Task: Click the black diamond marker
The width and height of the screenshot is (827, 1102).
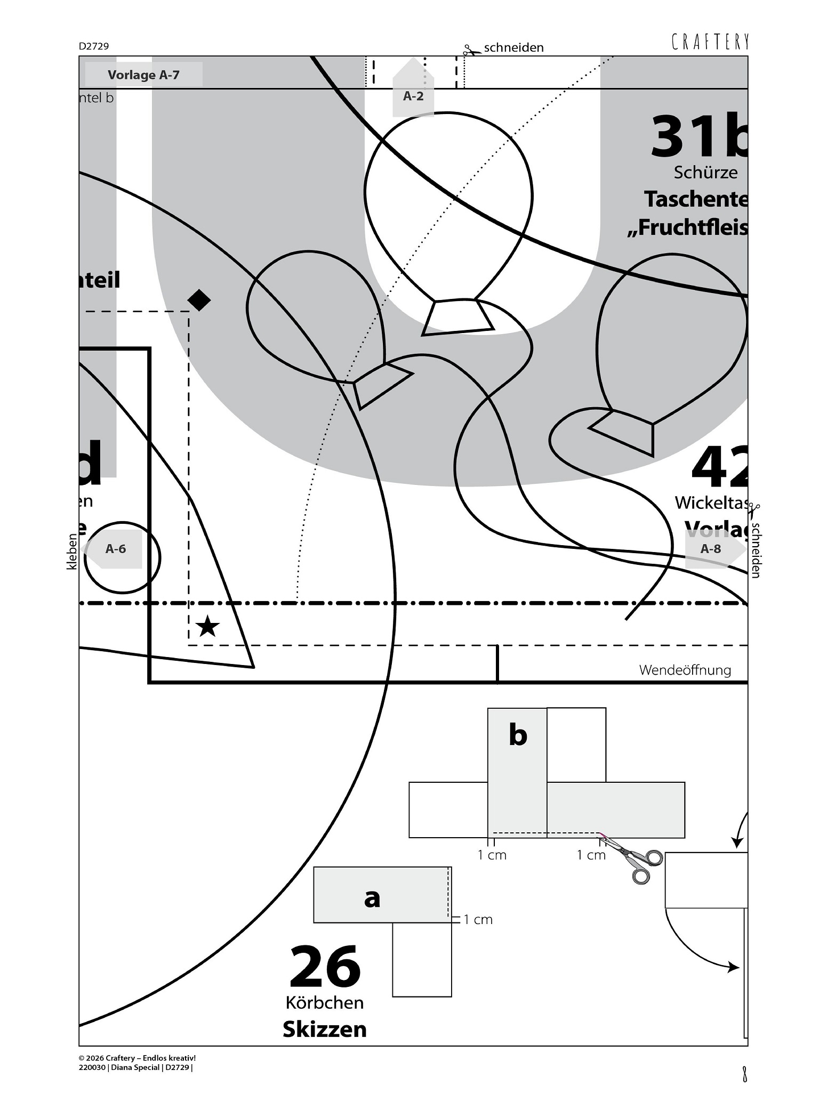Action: coord(199,300)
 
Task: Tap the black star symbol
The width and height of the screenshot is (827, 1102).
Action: coord(207,627)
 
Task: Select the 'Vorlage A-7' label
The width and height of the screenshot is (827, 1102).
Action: coord(143,75)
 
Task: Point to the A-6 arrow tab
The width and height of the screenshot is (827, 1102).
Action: coord(115,549)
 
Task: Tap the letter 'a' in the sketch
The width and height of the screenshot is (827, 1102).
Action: coord(372,897)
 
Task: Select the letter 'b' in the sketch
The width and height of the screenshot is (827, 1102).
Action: coord(518,735)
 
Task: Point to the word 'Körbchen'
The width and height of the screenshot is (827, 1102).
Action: coord(325,1003)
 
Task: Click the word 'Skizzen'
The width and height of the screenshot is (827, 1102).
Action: coord(325,1029)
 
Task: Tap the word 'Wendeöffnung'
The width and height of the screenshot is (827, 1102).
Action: coord(685,670)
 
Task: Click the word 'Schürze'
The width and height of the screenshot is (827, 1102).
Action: coord(705,172)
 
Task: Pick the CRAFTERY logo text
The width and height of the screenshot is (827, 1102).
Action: coord(710,42)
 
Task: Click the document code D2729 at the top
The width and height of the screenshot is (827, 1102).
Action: coord(94,46)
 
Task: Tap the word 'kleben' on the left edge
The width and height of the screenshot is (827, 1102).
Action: coord(72,552)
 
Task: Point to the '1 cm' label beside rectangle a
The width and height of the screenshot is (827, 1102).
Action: coord(478,920)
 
